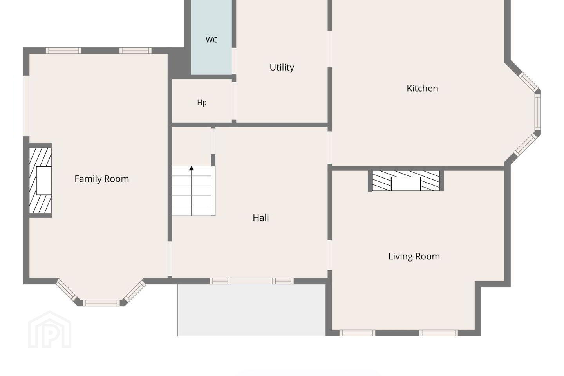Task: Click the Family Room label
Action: click(102, 179)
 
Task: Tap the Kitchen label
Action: click(422, 88)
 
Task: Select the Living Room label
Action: click(414, 257)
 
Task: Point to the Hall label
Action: click(260, 218)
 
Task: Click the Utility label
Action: click(282, 67)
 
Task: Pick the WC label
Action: click(211, 40)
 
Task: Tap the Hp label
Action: click(202, 103)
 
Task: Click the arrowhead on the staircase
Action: click(192, 168)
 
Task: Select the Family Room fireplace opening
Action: click(44, 181)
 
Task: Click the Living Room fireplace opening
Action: click(406, 184)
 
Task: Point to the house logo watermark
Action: click(50, 329)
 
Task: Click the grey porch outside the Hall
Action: click(251, 310)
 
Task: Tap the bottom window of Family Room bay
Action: click(101, 303)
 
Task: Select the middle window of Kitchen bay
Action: click(537, 112)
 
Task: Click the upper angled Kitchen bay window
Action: click(528, 82)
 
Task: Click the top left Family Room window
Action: click(64, 51)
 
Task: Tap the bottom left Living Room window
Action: click(357, 333)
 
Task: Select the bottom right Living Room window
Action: click(438, 333)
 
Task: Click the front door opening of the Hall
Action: click(251, 281)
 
